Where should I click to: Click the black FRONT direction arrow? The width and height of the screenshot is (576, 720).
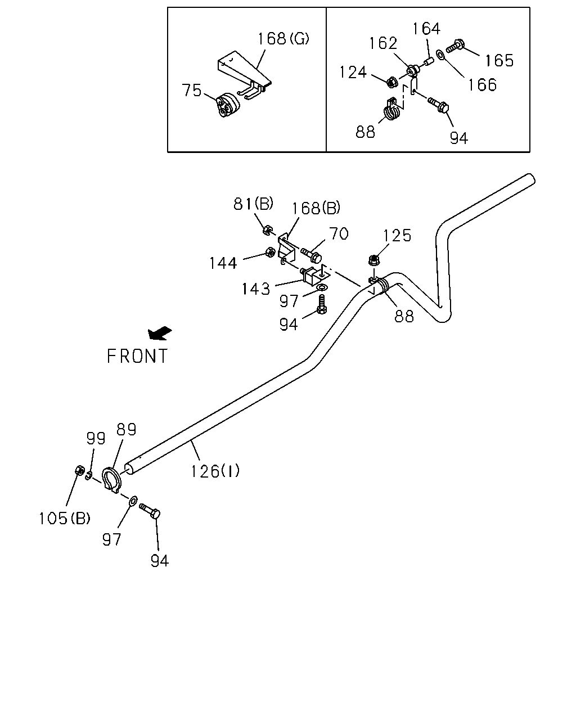pyautogui.click(x=160, y=333)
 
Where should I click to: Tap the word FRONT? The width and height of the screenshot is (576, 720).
pyautogui.click(x=137, y=356)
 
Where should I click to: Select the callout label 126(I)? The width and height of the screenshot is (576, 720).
pyautogui.click(x=215, y=471)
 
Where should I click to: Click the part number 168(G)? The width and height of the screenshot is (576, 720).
pyautogui.click(x=283, y=38)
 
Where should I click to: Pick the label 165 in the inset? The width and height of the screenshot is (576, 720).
pyautogui.click(x=499, y=61)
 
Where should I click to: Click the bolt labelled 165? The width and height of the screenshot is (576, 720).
pyautogui.click(x=454, y=46)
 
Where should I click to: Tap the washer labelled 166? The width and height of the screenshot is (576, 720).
pyautogui.click(x=440, y=55)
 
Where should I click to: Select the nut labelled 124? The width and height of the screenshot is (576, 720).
pyautogui.click(x=391, y=82)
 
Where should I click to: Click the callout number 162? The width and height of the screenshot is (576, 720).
pyautogui.click(x=383, y=43)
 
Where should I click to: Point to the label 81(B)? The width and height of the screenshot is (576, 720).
pyautogui.click(x=253, y=204)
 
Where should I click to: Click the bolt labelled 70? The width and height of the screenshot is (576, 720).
pyautogui.click(x=311, y=255)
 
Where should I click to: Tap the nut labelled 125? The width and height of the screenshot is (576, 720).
pyautogui.click(x=373, y=260)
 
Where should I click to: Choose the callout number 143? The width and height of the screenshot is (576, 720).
pyautogui.click(x=256, y=289)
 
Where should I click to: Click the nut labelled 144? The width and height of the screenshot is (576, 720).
pyautogui.click(x=270, y=252)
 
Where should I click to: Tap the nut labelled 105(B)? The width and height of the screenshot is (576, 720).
pyautogui.click(x=79, y=470)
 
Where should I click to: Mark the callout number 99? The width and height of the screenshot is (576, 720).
pyautogui.click(x=96, y=438)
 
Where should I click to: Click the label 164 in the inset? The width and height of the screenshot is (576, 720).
pyautogui.click(x=426, y=29)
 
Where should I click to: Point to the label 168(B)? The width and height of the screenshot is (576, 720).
pyautogui.click(x=316, y=208)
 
